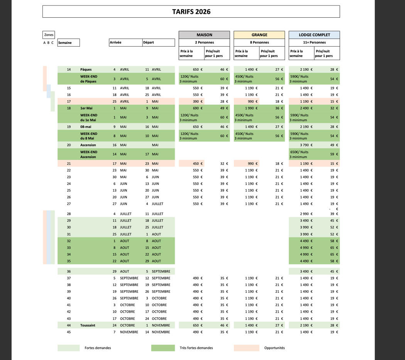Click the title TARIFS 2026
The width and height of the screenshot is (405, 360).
[191, 12]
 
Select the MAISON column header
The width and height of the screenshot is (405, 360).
[204, 35]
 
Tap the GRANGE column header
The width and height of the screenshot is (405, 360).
[259, 35]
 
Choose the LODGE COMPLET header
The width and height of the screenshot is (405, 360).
[314, 35]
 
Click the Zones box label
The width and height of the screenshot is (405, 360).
[49, 35]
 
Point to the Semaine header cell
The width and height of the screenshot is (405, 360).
[68, 43]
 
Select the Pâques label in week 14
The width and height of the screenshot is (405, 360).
[86, 70]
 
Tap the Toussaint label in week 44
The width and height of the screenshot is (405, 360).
[88, 325]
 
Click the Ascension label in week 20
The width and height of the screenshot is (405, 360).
[88, 145]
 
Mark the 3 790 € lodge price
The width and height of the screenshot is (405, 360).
[306, 145]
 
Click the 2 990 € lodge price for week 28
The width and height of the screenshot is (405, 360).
[306, 214]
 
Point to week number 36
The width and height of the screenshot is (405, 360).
[69, 272]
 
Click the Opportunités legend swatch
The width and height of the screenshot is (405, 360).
[246, 348]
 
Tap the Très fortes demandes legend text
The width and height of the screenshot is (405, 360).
[196, 348]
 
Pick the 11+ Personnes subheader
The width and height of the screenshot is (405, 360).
[314, 42]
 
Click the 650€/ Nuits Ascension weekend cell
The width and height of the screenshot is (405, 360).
[299, 154]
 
